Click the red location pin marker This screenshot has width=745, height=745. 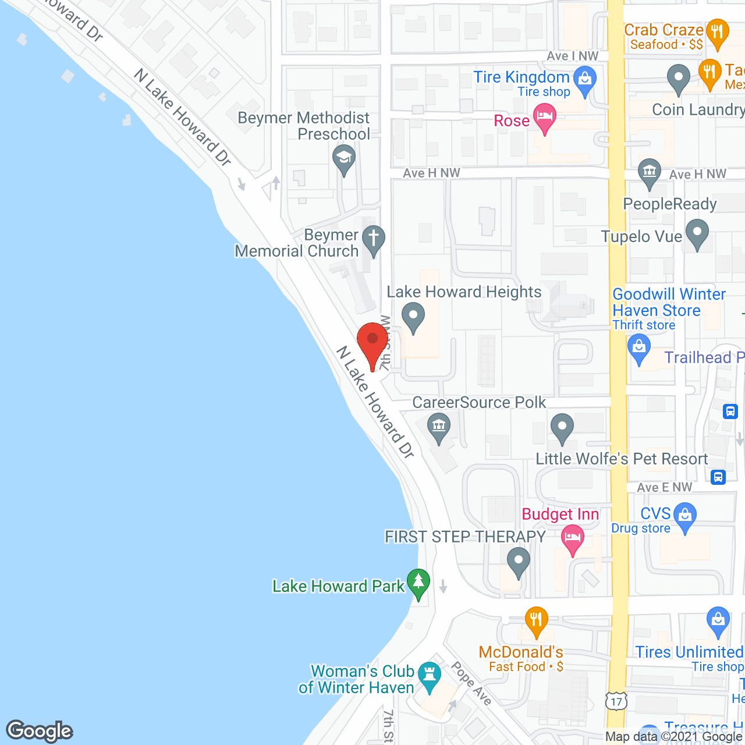click(372, 342)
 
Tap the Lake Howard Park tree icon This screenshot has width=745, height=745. click(418, 582)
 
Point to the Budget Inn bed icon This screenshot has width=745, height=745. click(573, 538)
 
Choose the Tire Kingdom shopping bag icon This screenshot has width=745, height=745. click(585, 80)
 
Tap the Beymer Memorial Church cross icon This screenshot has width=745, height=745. click(374, 239)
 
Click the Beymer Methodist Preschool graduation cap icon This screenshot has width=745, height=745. click(344, 159)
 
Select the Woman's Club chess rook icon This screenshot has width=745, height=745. click(430, 676)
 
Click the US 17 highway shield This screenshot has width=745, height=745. click(617, 701)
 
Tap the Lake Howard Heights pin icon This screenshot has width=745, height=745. click(413, 317)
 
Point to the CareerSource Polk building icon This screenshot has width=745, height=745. click(439, 427)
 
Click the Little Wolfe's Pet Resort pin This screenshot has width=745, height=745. click(562, 427)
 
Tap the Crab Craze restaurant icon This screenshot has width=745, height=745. click(717, 33)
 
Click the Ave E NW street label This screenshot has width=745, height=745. click(665, 488)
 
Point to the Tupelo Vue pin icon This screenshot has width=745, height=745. click(697, 233)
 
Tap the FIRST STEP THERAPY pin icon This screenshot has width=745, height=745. click(518, 562)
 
